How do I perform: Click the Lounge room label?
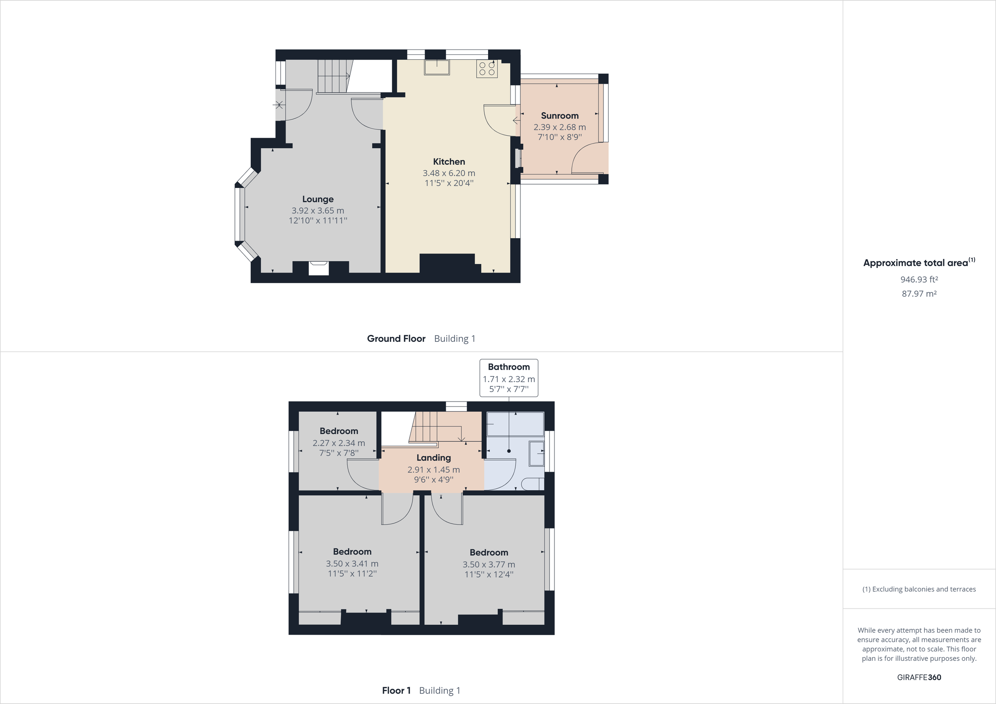pyautogui.click(x=317, y=199)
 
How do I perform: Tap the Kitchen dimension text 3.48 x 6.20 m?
pyautogui.click(x=449, y=173)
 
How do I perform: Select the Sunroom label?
pyautogui.click(x=559, y=116)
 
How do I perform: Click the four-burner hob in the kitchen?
pyautogui.click(x=487, y=69)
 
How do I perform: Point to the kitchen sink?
pyautogui.click(x=437, y=67)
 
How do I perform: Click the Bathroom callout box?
pyautogui.click(x=508, y=378)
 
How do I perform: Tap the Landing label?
pyautogui.click(x=433, y=458)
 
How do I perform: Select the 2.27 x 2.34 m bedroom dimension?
pyautogui.click(x=338, y=443)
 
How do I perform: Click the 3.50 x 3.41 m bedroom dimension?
pyautogui.click(x=352, y=563)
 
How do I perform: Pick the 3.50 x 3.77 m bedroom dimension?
pyautogui.click(x=488, y=564)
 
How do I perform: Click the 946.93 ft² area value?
pyautogui.click(x=919, y=280)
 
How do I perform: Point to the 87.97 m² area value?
pyautogui.click(x=919, y=294)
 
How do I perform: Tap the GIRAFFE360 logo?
pyautogui.click(x=919, y=677)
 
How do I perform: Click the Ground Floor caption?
pyautogui.click(x=395, y=339)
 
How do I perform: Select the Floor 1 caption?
pyautogui.click(x=395, y=691)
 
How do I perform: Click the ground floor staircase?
pyautogui.click(x=333, y=76)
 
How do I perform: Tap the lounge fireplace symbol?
pyautogui.click(x=318, y=268)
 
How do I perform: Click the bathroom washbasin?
pyautogui.click(x=537, y=453)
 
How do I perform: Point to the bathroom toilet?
pyautogui.click(x=532, y=484)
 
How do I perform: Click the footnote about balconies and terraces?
pyautogui.click(x=919, y=589)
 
